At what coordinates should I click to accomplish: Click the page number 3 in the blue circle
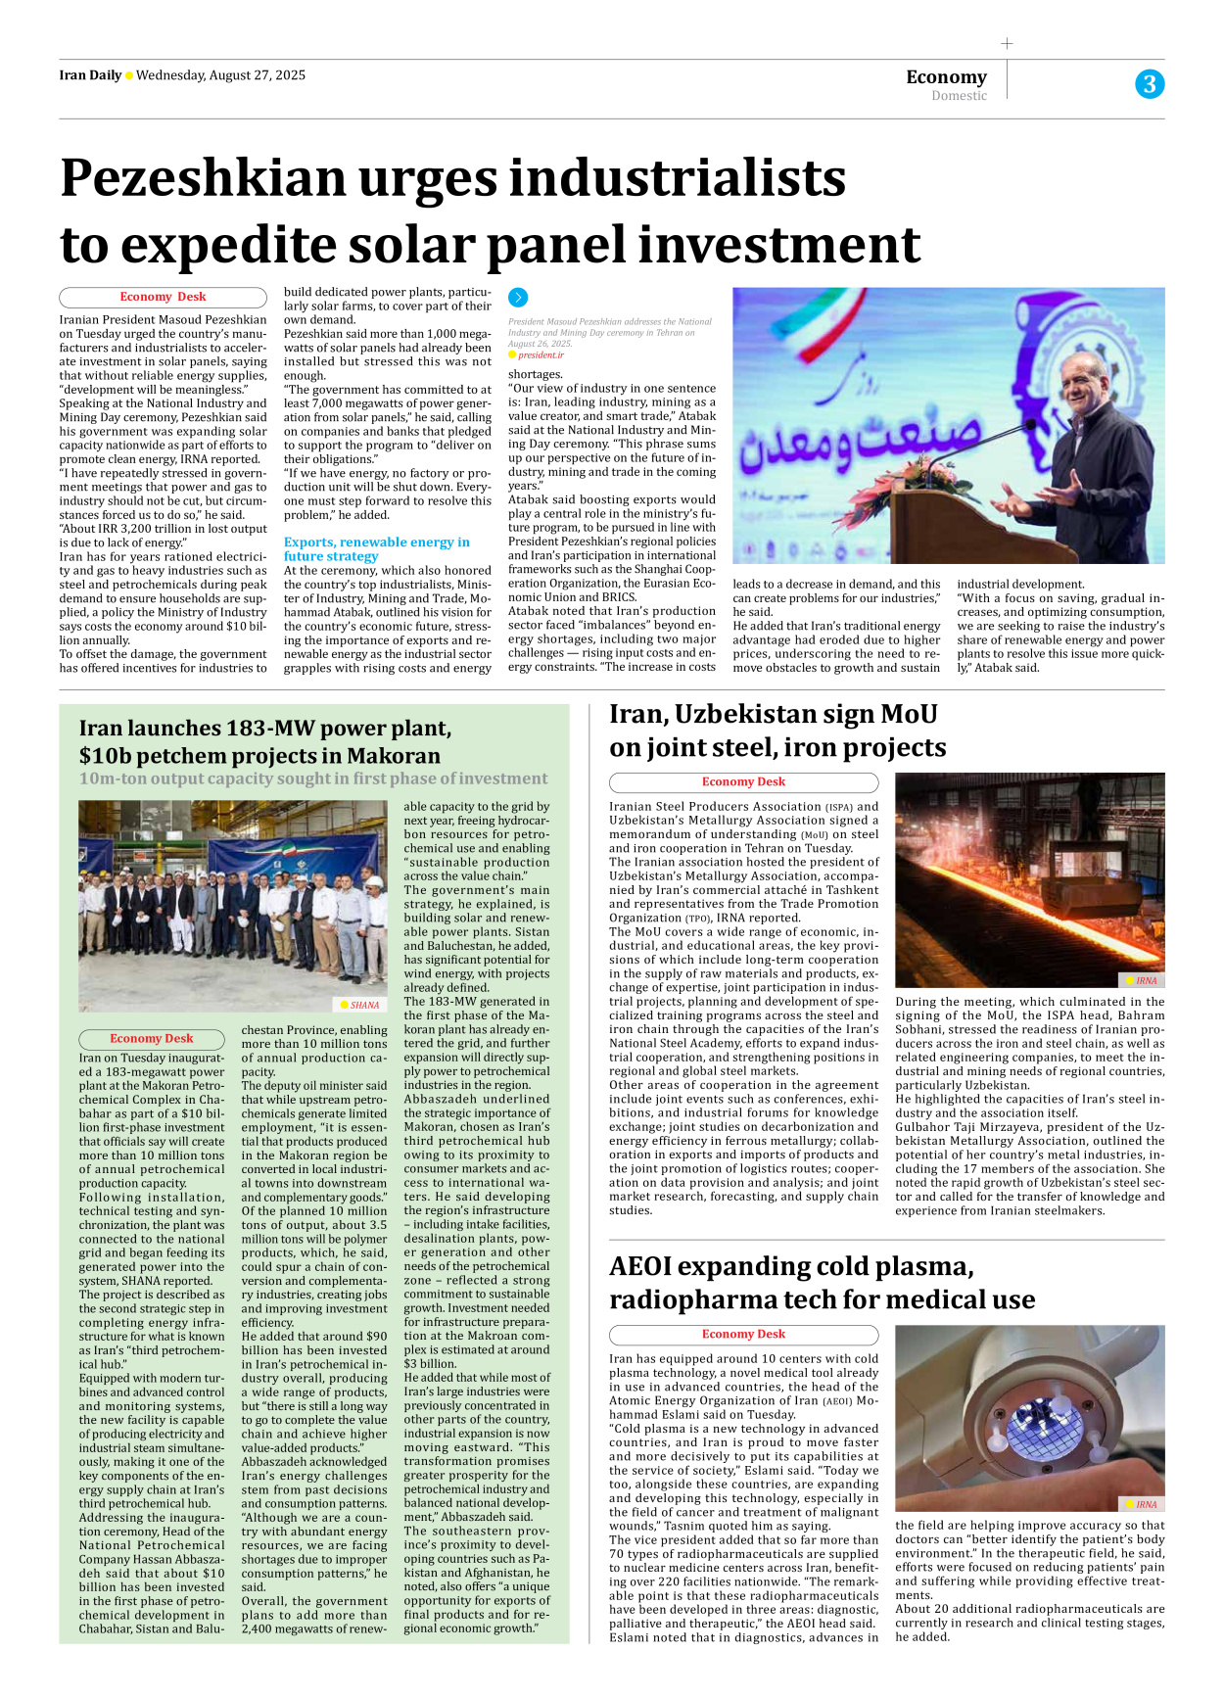point(1150,84)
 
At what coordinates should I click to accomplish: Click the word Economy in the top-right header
point(946,76)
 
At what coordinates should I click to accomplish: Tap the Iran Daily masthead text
point(90,75)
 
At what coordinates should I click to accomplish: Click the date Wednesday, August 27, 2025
point(220,75)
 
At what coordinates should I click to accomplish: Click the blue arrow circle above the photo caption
point(518,298)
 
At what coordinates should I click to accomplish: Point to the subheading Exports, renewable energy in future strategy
point(376,548)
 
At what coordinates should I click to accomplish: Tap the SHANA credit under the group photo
point(363,1005)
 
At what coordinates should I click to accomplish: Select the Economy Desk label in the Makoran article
point(151,1039)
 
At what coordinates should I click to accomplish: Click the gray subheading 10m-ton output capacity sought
point(313,778)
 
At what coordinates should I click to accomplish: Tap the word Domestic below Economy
point(959,96)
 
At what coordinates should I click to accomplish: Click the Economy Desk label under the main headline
point(163,297)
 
